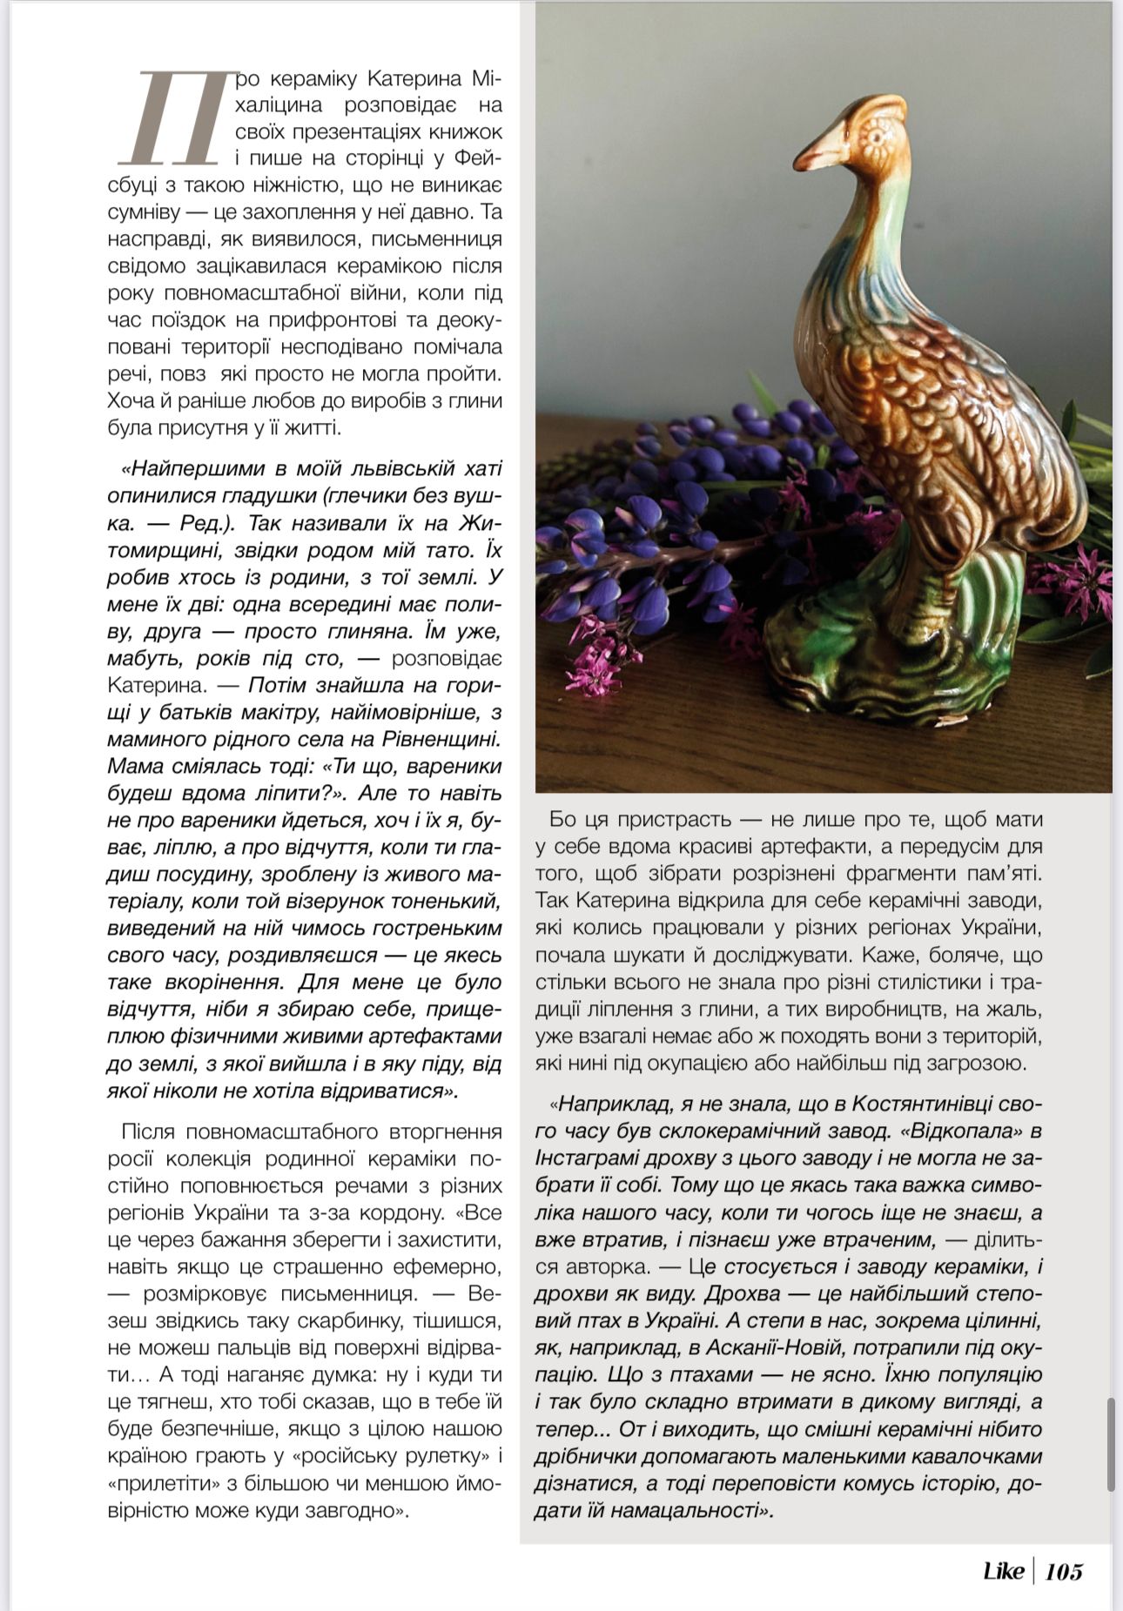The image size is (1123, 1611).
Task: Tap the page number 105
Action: coord(1064,1571)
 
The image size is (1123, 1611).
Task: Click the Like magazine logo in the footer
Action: coord(1003,1571)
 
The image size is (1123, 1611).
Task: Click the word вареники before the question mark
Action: coord(456,766)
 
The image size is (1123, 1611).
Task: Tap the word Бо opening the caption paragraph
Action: coord(562,819)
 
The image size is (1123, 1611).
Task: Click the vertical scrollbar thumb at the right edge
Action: coord(1111,1444)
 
